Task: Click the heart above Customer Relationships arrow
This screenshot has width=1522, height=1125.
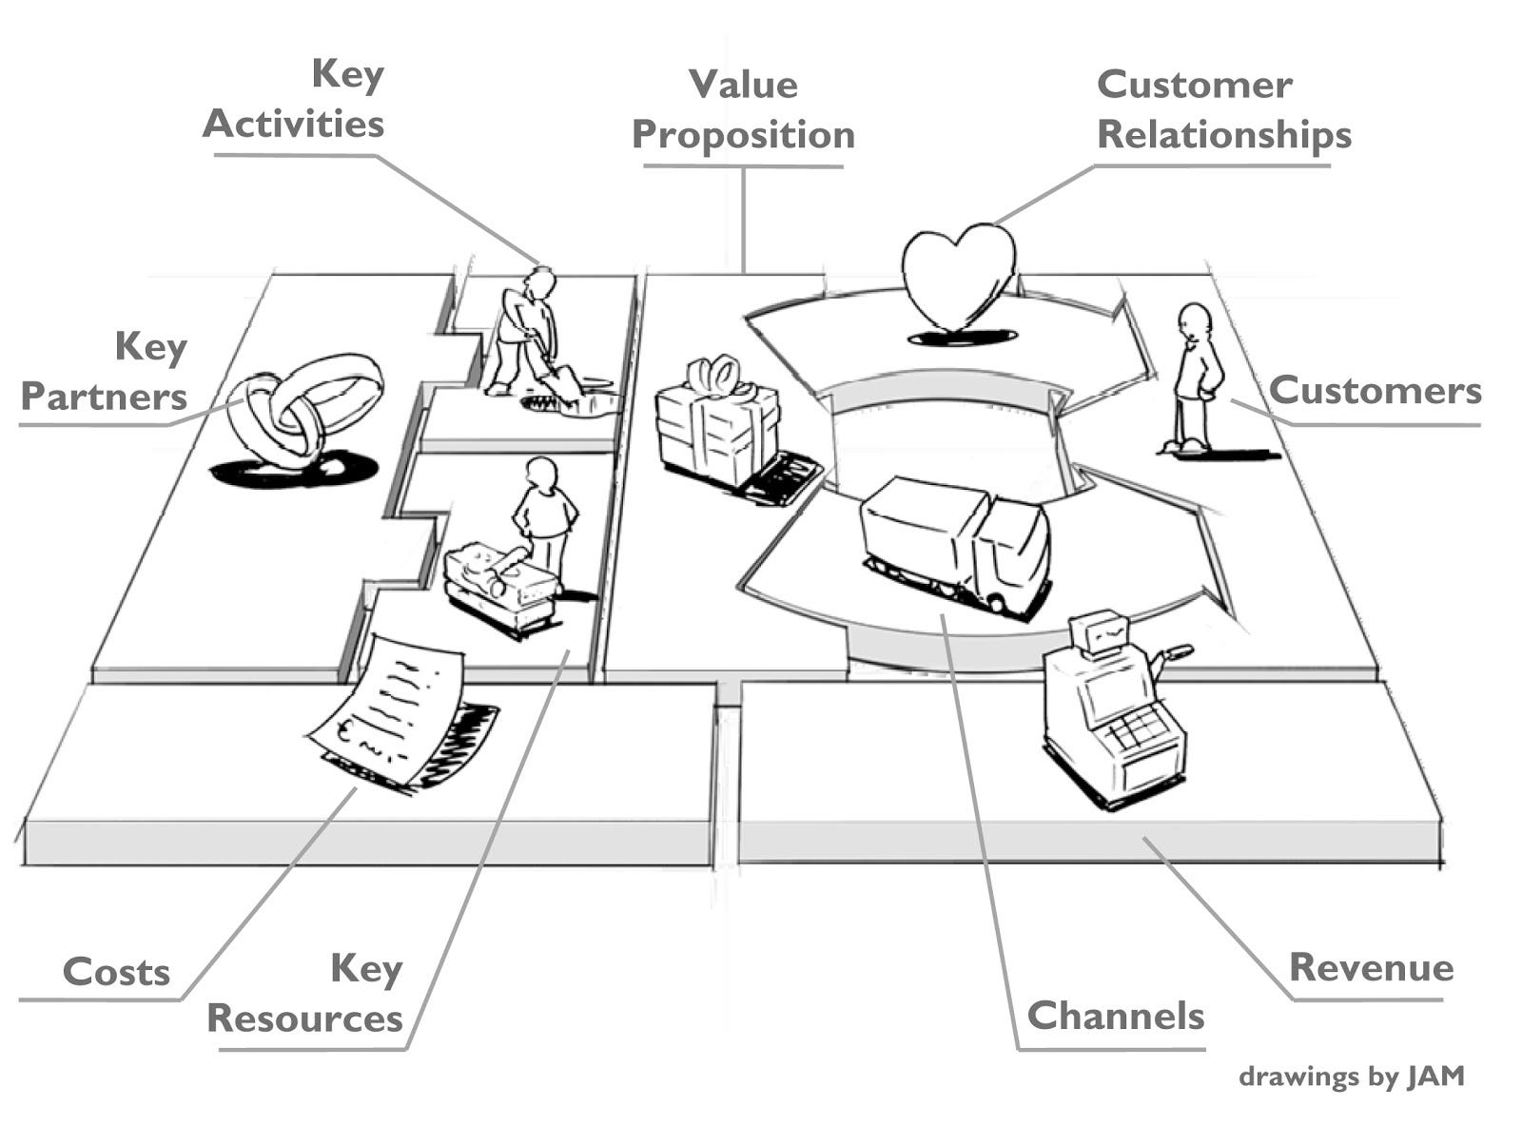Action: point(958,276)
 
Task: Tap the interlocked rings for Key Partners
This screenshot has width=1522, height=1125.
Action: point(304,409)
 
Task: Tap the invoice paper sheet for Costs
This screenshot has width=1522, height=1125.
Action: point(390,708)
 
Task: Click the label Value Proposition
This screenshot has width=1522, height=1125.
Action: point(743,109)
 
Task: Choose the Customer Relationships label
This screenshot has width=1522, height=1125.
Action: point(1223,109)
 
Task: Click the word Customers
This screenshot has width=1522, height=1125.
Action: point(1375,390)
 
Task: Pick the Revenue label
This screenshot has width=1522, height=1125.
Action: point(1371,967)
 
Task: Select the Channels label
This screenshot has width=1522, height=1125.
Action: point(1115,1016)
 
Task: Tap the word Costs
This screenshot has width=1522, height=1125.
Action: point(116,972)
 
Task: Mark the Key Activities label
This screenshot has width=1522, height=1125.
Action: point(295,99)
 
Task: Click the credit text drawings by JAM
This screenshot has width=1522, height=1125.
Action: point(1351,1077)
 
